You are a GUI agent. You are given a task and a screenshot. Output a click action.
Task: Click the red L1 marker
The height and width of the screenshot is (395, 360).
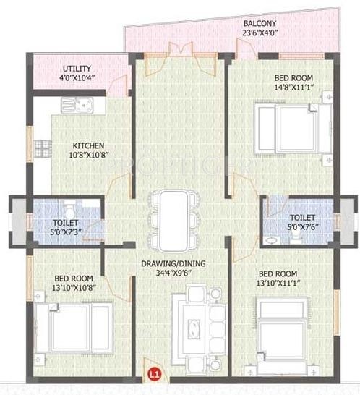click(x=153, y=375)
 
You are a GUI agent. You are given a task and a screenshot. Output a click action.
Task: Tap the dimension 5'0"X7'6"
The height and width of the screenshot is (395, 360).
click(x=302, y=226)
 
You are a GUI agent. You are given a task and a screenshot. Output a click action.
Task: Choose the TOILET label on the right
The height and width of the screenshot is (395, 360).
click(x=301, y=216)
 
